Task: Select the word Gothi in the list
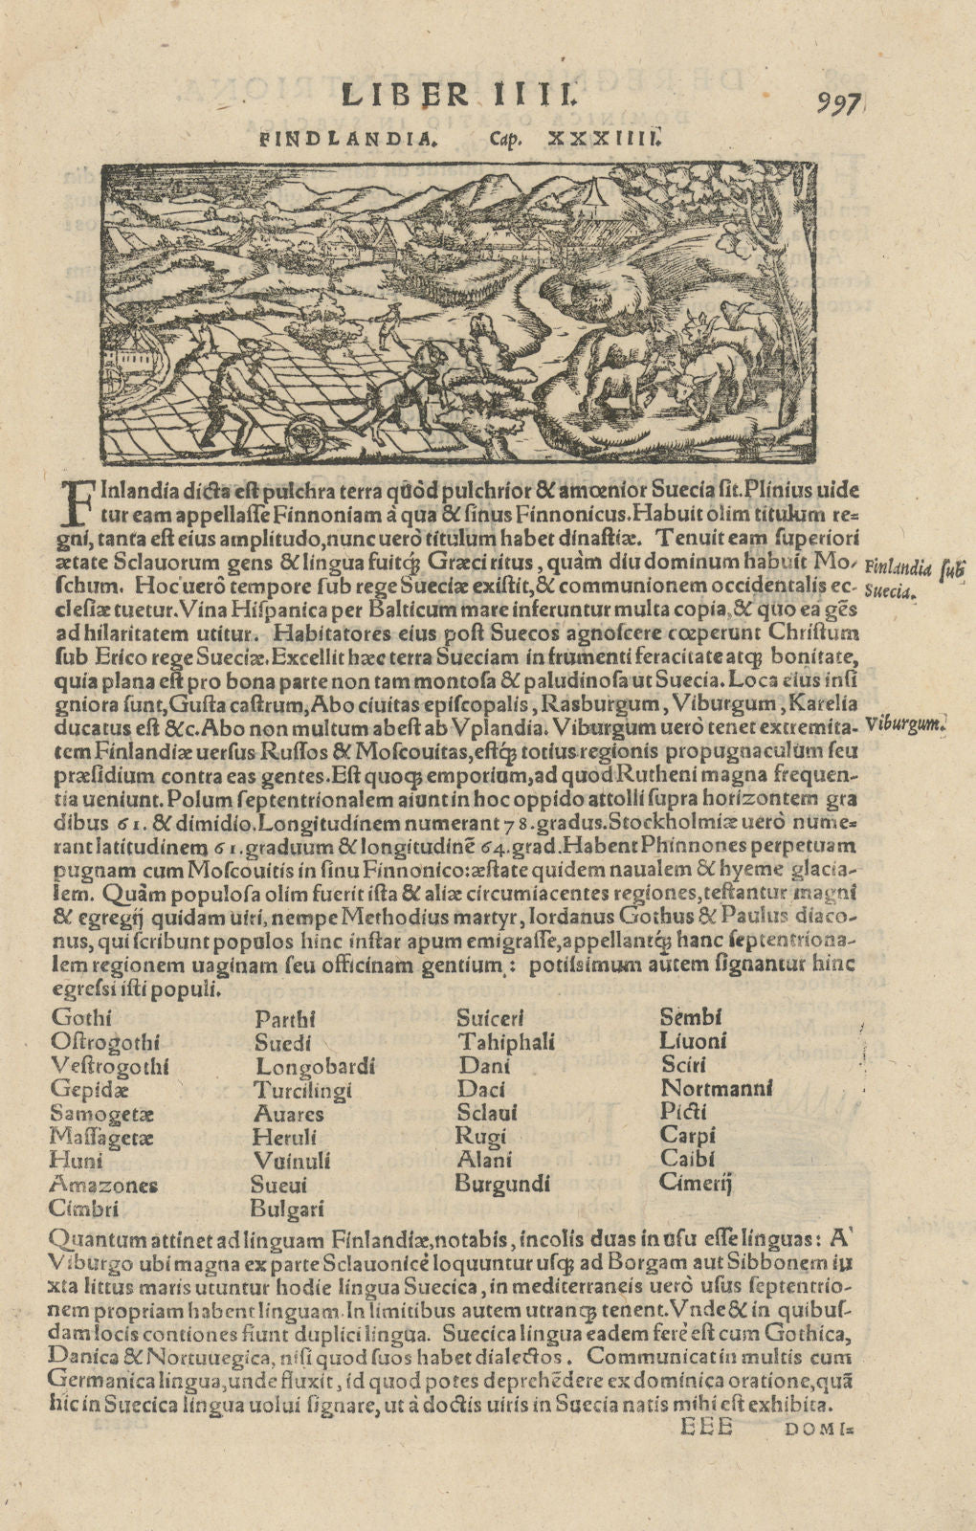point(81,1017)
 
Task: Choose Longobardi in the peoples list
point(315,1065)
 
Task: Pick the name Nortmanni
point(717,1088)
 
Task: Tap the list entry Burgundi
point(504,1184)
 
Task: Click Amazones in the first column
point(103,1185)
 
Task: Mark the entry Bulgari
point(288,1209)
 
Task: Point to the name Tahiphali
point(506,1042)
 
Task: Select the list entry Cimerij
point(697,1184)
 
